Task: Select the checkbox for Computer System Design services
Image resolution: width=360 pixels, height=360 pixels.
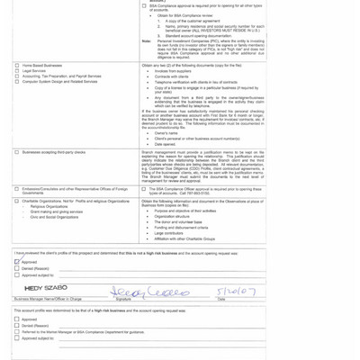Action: [x=17, y=82]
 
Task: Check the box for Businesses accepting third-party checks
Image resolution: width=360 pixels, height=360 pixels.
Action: [x=17, y=152]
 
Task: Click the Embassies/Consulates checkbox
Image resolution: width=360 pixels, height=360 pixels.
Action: [x=17, y=189]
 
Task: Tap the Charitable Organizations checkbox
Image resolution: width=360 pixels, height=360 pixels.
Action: [x=17, y=201]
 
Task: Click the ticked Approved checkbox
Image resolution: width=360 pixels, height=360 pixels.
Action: [x=17, y=262]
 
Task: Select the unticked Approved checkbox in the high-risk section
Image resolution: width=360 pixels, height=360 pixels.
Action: [x=17, y=319]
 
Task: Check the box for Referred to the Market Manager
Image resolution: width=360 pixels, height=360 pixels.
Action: [x=17, y=332]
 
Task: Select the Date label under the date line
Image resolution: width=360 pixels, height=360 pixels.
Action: [x=221, y=299]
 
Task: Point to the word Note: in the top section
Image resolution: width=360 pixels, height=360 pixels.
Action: [x=147, y=41]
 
